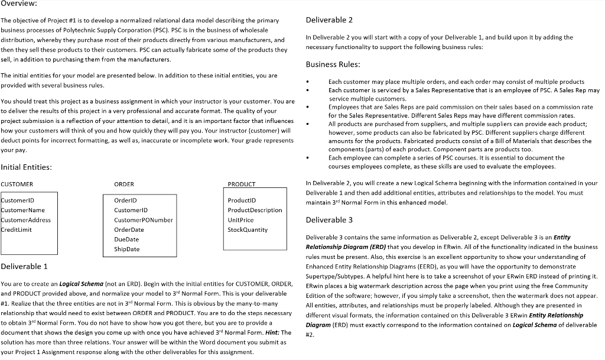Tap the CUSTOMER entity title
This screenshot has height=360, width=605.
(x=17, y=184)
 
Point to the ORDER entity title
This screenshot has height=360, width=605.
(x=123, y=184)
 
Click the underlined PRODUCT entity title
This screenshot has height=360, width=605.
(x=241, y=184)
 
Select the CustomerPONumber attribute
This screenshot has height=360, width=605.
(x=143, y=220)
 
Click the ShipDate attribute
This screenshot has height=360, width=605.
(x=126, y=249)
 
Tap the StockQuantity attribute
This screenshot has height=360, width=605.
(x=247, y=229)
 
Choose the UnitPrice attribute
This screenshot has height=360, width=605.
(x=240, y=220)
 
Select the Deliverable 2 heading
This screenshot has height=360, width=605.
(x=329, y=20)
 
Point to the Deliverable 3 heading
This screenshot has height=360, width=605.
(x=329, y=220)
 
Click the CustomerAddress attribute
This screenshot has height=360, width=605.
(x=26, y=220)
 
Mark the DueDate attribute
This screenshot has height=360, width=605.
(x=126, y=239)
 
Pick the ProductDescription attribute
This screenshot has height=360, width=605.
(x=255, y=210)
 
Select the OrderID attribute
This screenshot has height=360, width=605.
(x=125, y=200)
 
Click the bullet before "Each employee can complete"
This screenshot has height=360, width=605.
(x=308, y=158)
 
